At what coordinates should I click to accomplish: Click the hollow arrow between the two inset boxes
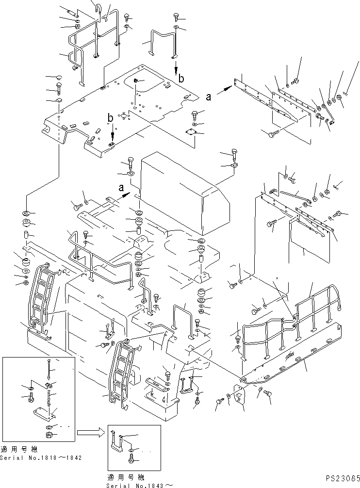pyautogui.click(x=90, y=430)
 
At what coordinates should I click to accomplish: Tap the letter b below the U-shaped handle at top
pyautogui.click(x=181, y=78)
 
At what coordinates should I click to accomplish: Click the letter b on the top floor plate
pyautogui.click(x=111, y=118)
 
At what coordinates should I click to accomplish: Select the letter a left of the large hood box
pyautogui.click(x=120, y=186)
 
